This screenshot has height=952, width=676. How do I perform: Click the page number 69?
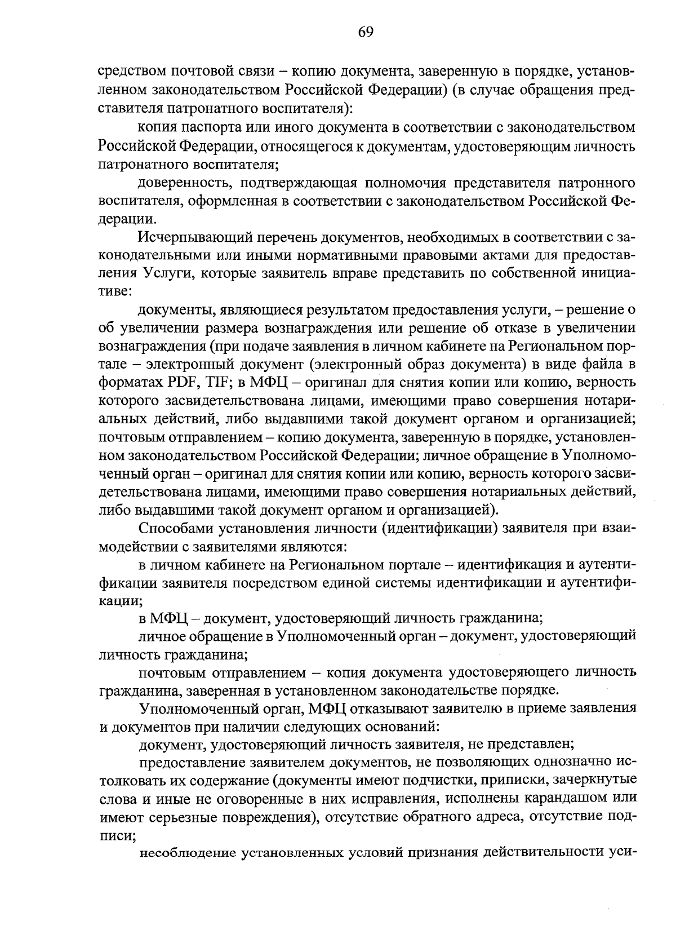click(365, 32)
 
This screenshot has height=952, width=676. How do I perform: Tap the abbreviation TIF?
click(216, 383)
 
